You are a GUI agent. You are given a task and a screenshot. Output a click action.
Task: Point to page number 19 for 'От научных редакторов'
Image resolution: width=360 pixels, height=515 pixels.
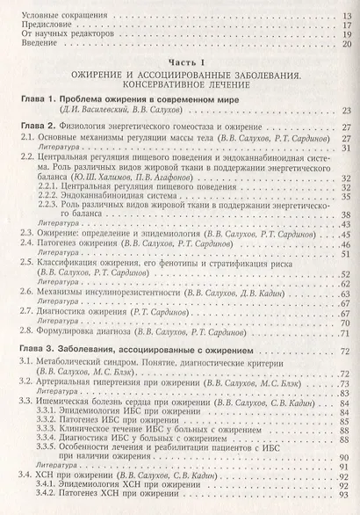tap(342, 35)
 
